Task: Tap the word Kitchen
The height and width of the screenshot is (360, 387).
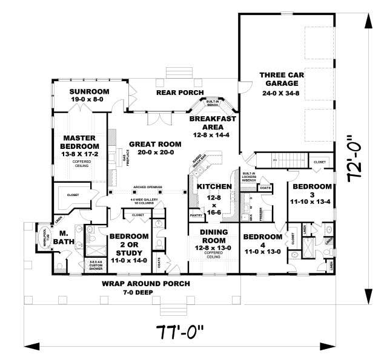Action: coord(209,188)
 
